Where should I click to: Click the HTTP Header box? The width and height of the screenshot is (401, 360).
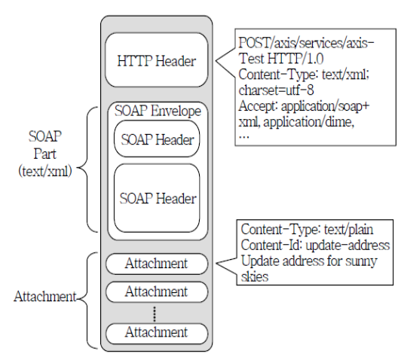point(156,59)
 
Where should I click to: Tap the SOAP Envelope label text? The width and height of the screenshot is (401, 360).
point(158,111)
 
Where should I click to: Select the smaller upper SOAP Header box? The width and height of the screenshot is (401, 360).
point(157,139)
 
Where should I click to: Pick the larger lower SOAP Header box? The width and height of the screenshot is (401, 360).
point(157,198)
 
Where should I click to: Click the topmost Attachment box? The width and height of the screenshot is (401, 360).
point(157,264)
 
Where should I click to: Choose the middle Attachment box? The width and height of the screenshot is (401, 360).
point(157,291)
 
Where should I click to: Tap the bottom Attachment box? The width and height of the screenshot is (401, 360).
point(157,333)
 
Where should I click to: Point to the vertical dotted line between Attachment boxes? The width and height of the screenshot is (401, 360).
point(155,313)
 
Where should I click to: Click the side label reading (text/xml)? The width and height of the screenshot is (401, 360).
point(45,171)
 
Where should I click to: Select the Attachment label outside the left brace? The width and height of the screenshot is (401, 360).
point(45,297)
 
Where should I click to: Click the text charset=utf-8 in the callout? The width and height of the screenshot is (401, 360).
point(276,90)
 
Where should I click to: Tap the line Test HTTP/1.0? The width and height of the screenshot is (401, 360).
point(281,59)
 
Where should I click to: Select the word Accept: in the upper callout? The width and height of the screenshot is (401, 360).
point(258,105)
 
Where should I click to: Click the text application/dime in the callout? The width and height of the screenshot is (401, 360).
point(308,122)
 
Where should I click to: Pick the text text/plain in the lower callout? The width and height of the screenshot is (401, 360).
point(348,229)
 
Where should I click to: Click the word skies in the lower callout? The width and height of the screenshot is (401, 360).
point(255,276)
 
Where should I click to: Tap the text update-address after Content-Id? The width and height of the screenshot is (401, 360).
point(347,245)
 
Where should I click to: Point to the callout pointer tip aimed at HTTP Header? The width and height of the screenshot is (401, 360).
point(216,61)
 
